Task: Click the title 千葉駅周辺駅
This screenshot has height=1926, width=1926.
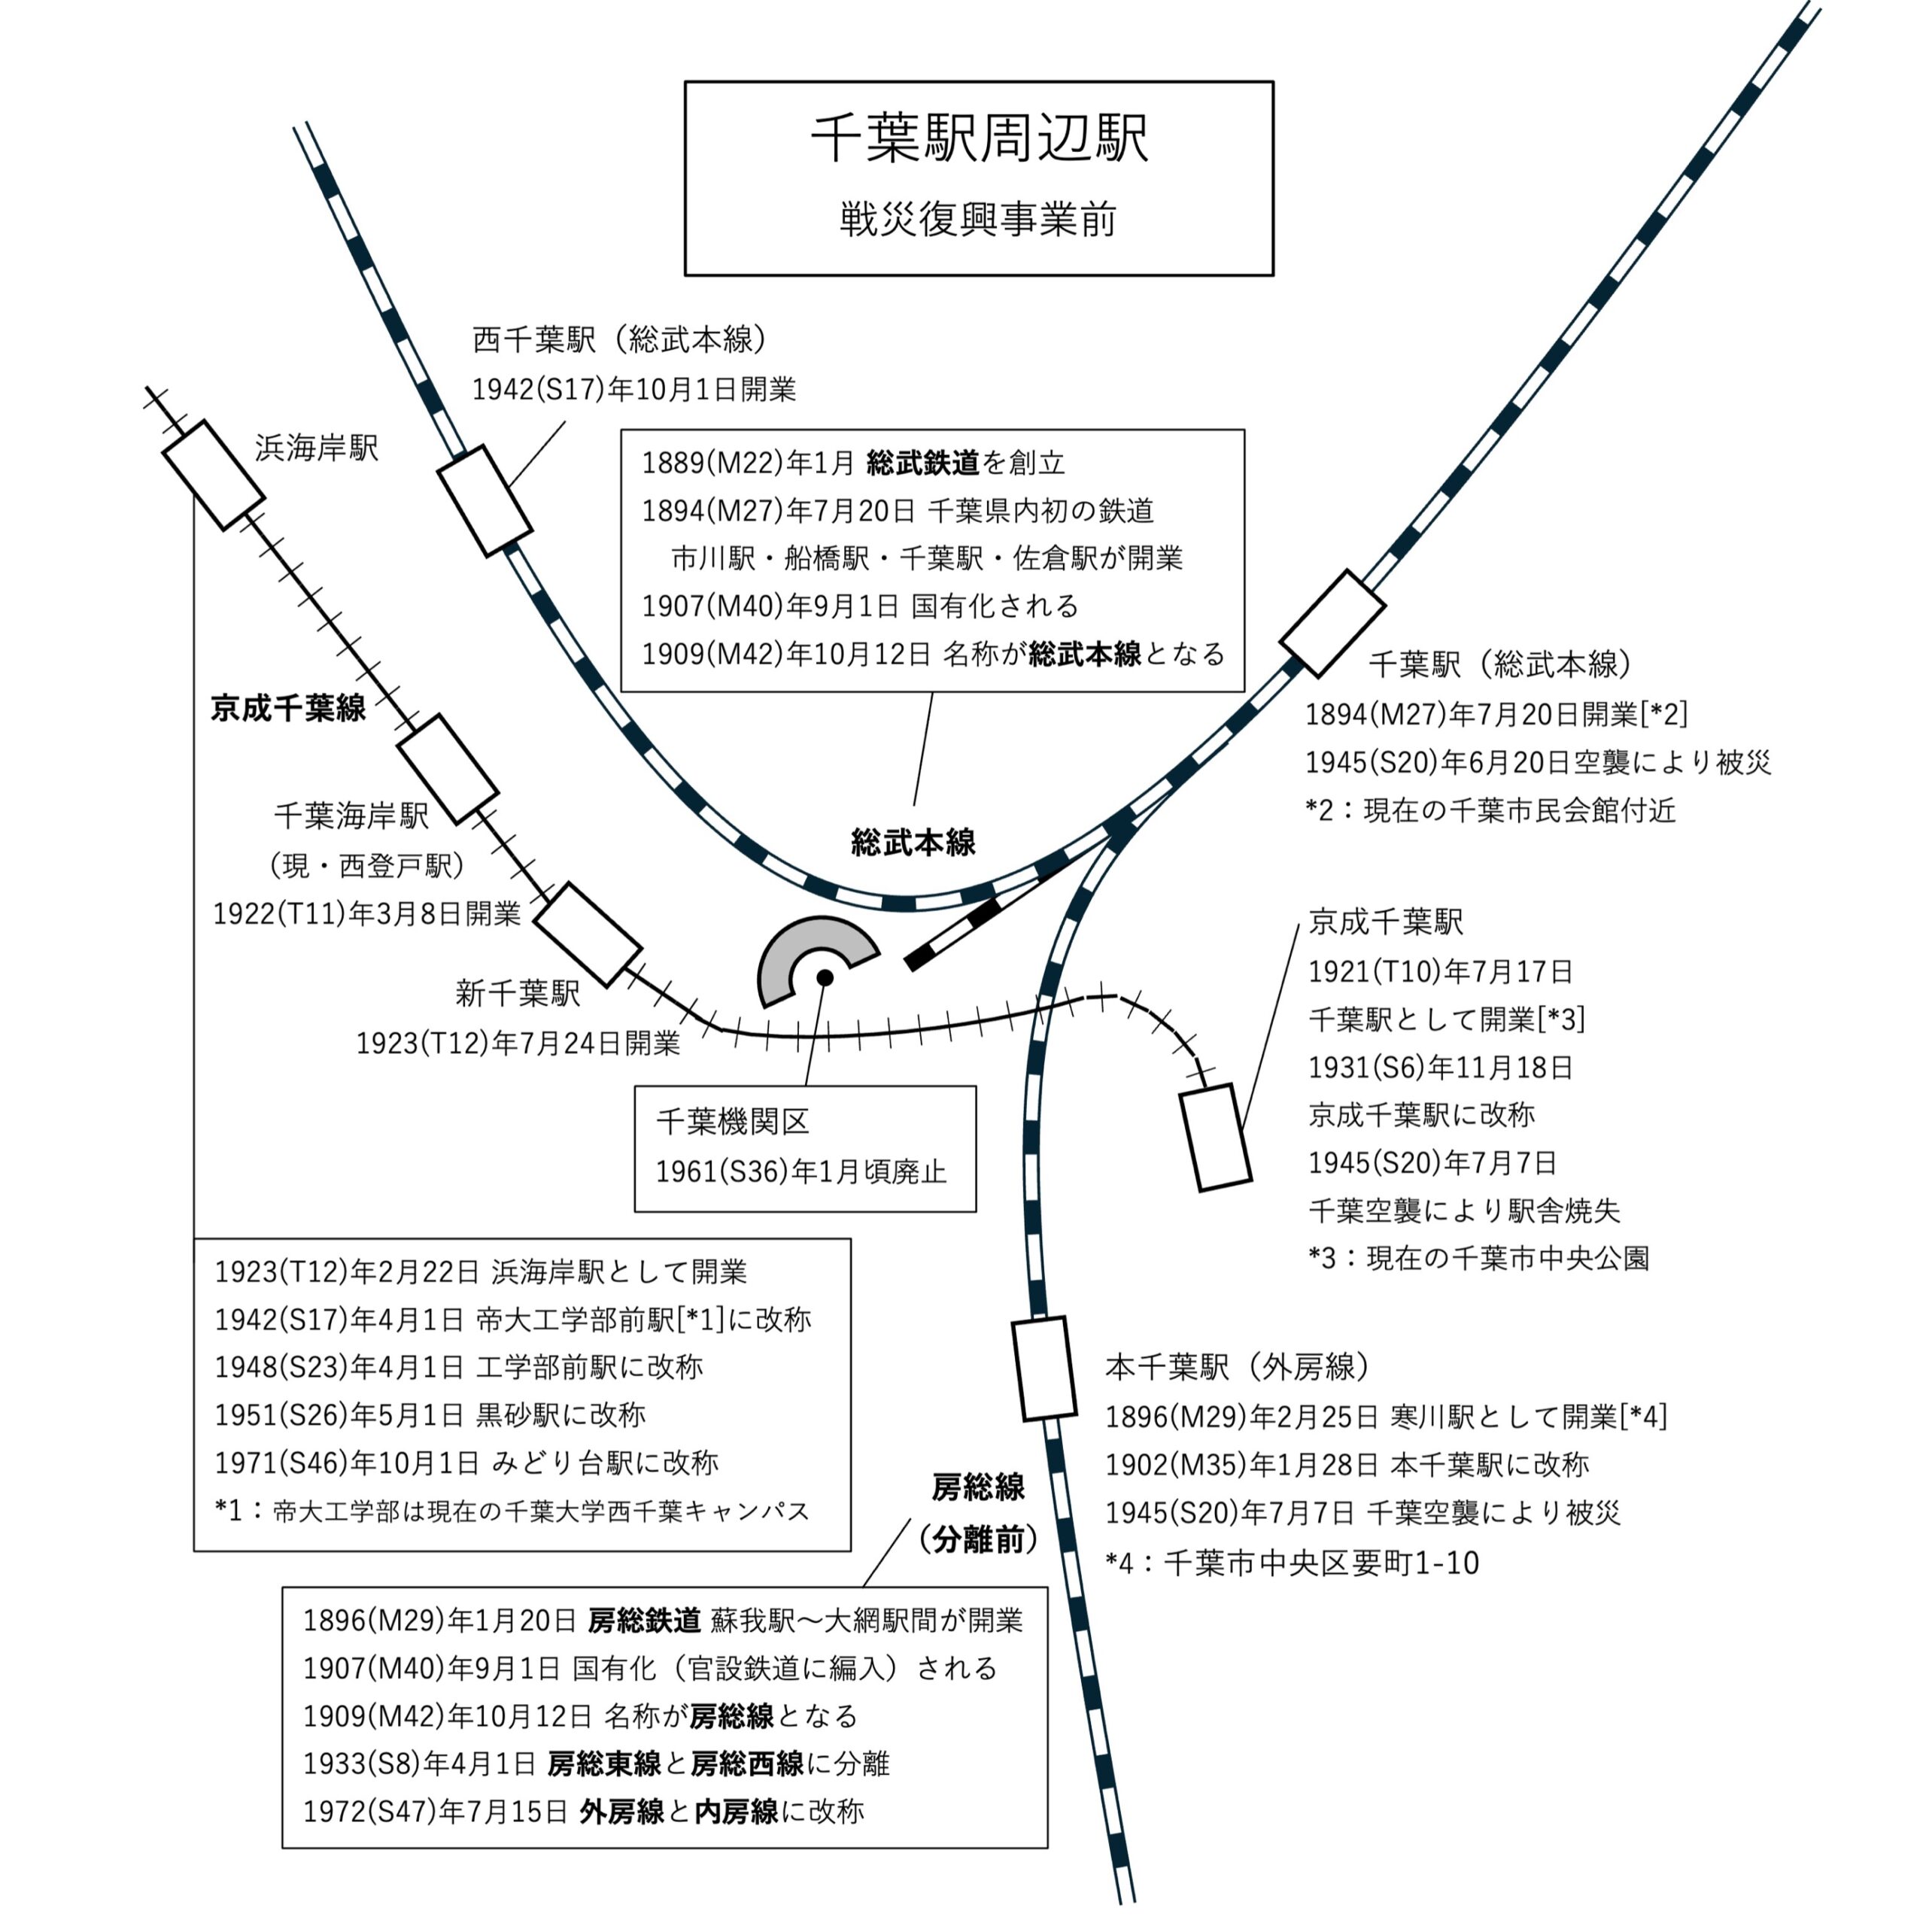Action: [x=978, y=138]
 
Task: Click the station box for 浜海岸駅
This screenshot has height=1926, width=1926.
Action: [x=214, y=475]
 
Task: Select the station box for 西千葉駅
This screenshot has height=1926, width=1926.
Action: [x=485, y=500]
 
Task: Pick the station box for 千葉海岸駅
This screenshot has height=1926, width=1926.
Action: [x=448, y=769]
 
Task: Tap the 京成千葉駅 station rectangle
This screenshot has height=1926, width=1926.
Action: [x=1215, y=1138]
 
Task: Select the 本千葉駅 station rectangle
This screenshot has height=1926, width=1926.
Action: [x=1044, y=1369]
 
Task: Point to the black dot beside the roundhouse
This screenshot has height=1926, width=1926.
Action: [x=825, y=978]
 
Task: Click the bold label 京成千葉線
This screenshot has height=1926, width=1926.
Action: [x=288, y=708]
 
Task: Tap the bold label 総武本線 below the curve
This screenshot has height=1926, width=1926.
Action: [x=913, y=843]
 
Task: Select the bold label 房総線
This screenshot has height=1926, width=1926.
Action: [x=978, y=1487]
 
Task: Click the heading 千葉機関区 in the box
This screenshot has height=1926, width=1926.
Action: [x=733, y=1122]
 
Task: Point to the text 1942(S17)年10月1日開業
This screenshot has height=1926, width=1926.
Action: [x=634, y=390]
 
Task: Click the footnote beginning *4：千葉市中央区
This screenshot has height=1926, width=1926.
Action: [x=1292, y=1562]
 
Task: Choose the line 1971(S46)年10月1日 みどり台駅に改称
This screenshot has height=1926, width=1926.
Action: [x=466, y=1463]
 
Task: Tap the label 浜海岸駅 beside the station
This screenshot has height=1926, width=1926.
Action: [x=317, y=448]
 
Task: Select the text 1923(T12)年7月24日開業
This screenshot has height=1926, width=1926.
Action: [x=518, y=1043]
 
